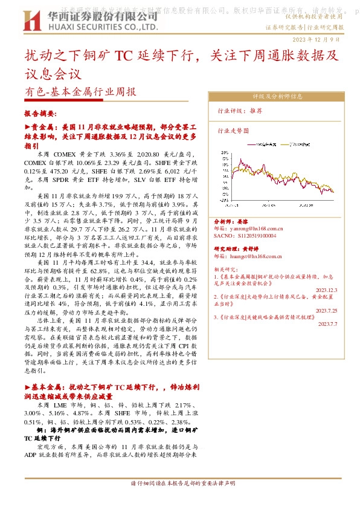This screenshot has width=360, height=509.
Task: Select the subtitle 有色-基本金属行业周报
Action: (80, 92)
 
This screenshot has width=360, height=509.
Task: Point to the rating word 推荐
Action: (256, 111)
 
